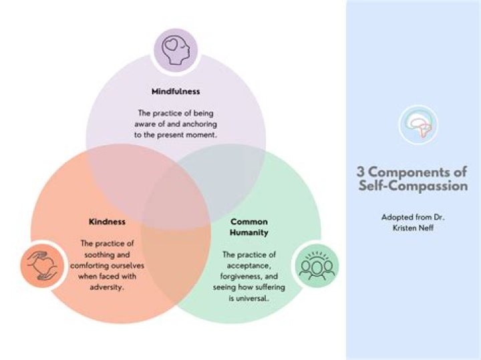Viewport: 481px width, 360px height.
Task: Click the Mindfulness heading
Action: (x=176, y=92)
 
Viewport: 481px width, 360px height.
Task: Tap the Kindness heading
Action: (x=107, y=221)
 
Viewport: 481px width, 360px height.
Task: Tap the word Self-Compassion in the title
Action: (x=412, y=186)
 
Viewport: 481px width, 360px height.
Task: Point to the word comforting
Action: (x=94, y=265)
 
